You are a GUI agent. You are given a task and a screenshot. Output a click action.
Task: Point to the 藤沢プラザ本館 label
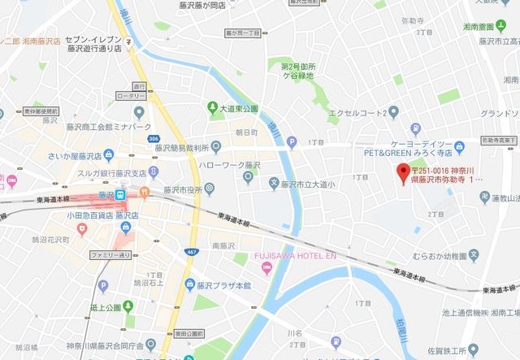224,285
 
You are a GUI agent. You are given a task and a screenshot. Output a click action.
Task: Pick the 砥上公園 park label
106,307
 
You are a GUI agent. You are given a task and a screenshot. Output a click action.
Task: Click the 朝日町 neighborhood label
245,131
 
